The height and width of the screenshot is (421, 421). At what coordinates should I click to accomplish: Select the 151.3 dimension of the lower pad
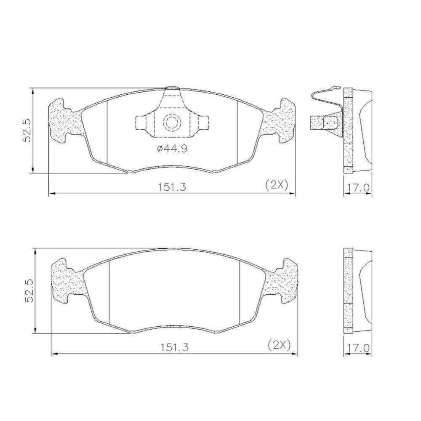(175, 347)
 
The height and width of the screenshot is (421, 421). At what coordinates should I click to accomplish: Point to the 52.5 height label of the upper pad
(27, 131)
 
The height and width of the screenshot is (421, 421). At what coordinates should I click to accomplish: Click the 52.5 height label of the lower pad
(29, 291)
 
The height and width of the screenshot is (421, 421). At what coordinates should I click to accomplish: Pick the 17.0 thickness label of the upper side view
(357, 188)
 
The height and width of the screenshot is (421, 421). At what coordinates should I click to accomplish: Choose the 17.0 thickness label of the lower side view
(357, 348)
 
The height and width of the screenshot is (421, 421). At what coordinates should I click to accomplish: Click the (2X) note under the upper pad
(277, 185)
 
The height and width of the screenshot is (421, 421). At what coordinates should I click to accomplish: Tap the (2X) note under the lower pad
(279, 345)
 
